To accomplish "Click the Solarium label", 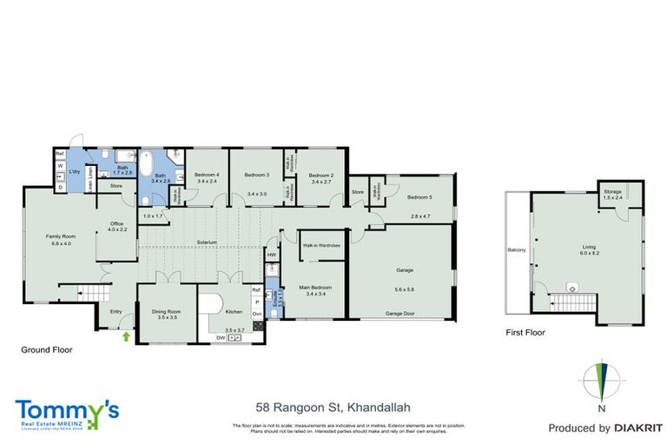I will pos(206,242).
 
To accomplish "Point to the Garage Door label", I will pos(403,312).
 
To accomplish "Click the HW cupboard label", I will pos(272,255).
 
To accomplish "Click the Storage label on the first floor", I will pos(613,190).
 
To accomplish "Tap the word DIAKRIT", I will pos(624,428).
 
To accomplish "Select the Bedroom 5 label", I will pos(419,196).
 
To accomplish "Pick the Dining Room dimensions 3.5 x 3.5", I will pos(167,318).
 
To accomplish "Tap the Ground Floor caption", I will pos(47,350).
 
